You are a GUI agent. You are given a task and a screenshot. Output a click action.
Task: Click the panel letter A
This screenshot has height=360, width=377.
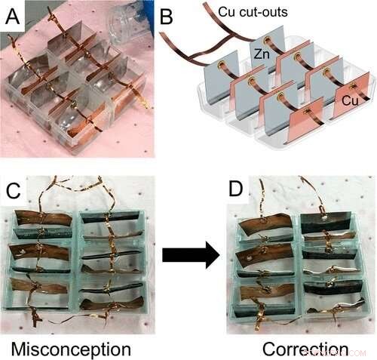[x=14, y=15]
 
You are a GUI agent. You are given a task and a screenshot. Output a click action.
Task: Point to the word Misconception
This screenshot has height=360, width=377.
[x=71, y=349]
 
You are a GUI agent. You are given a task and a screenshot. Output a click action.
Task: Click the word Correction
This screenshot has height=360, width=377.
[x=305, y=349]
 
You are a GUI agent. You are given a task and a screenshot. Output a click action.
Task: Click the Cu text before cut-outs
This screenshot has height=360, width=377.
[x=227, y=13]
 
